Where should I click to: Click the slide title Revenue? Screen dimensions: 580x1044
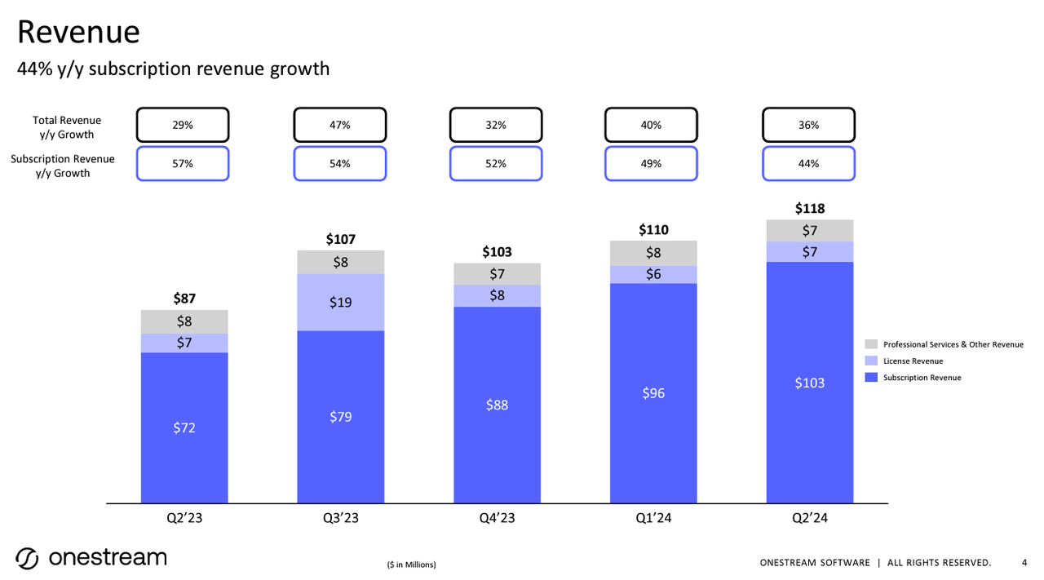(x=78, y=33)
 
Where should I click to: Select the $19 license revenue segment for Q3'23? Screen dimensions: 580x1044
(x=340, y=302)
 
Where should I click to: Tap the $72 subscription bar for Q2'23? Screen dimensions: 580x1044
(x=184, y=427)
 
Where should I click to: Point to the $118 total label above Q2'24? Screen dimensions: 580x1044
(x=809, y=209)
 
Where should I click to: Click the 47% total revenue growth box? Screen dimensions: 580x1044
(x=339, y=126)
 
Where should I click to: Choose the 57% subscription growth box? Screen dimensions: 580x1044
(x=183, y=163)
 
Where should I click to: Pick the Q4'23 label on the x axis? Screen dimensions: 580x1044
(x=497, y=520)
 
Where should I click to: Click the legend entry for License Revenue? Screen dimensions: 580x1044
(x=913, y=361)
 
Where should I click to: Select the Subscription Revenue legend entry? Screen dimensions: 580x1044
(x=922, y=378)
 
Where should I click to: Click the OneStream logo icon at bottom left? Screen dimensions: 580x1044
(x=27, y=559)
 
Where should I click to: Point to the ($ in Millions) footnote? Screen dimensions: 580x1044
(x=411, y=565)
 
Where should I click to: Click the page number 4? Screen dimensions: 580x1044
(x=1024, y=562)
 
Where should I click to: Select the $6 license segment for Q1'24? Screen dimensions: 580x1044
(x=653, y=275)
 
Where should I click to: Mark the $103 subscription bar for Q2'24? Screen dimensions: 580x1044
(x=809, y=382)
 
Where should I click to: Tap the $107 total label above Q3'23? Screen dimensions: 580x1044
(x=340, y=240)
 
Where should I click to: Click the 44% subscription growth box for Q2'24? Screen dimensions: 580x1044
(x=808, y=163)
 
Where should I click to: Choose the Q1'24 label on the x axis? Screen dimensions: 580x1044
(x=652, y=520)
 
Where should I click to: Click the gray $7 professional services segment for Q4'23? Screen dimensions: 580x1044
(x=497, y=274)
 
